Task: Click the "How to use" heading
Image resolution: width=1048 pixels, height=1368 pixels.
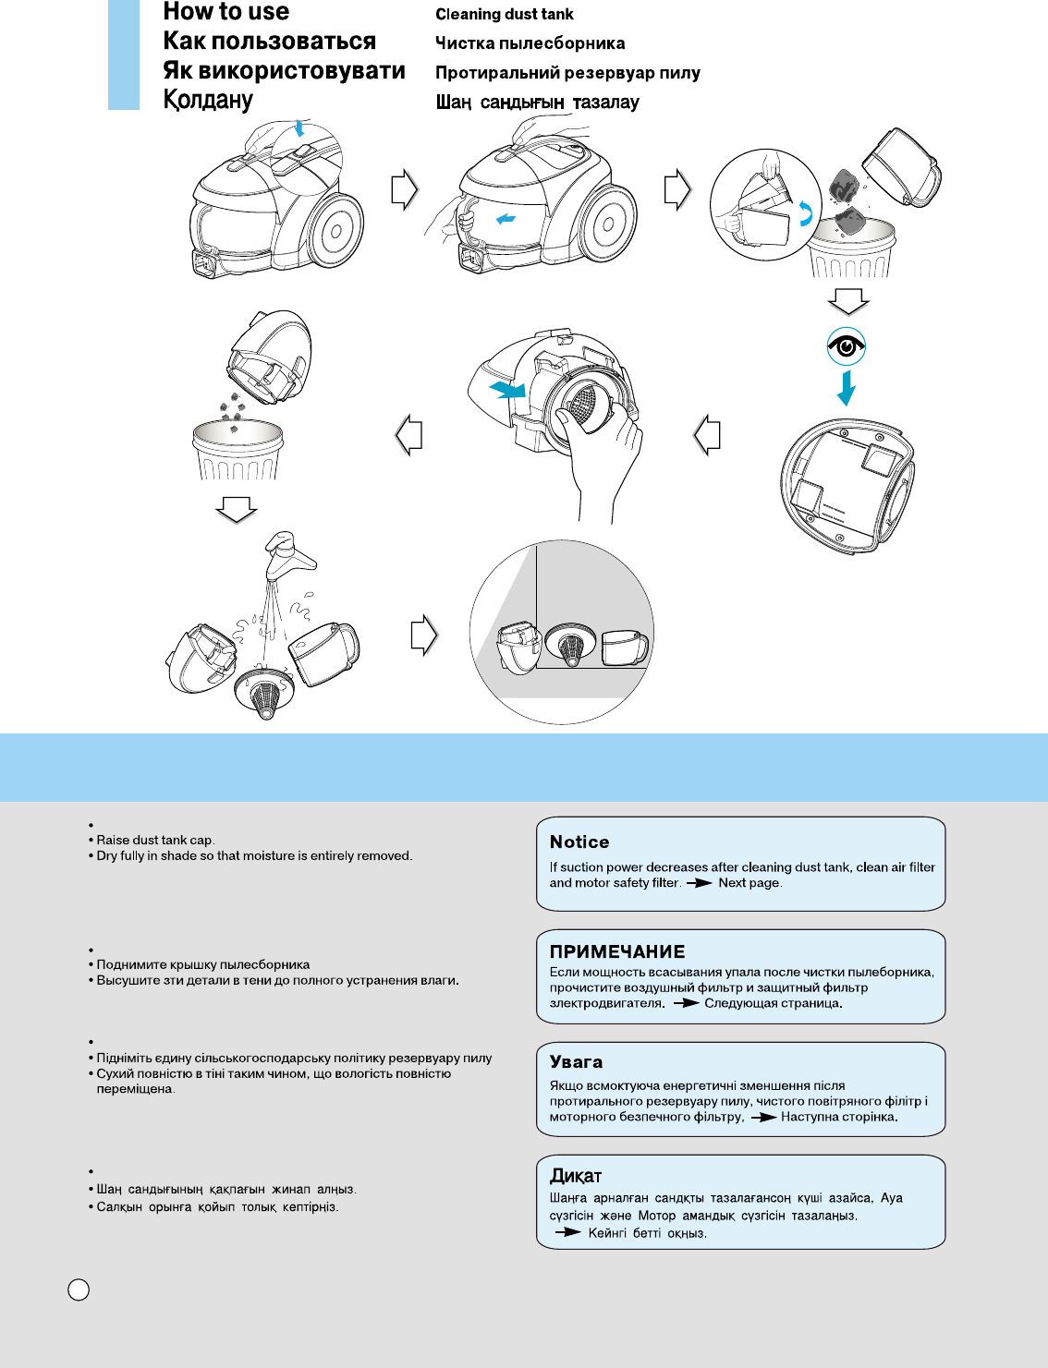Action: coord(225,12)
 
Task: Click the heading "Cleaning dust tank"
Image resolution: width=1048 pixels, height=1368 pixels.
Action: coord(504,15)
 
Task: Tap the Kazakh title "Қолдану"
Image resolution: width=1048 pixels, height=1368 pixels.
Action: coord(208,100)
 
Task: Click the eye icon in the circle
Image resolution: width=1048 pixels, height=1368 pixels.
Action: coord(846,346)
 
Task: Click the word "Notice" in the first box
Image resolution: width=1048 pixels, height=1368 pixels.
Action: coord(579,841)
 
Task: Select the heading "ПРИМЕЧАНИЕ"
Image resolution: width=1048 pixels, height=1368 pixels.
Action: coord(617,951)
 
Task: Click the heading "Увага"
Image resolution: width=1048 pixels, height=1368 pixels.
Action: coord(576,1062)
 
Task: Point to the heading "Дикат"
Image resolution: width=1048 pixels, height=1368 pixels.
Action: coord(575,1176)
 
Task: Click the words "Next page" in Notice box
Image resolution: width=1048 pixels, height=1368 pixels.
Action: coord(749,883)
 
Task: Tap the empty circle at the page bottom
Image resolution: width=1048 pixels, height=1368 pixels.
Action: coord(79,1289)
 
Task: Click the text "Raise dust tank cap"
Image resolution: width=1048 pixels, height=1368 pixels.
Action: coord(155,841)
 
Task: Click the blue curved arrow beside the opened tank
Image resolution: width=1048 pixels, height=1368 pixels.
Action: coord(805,214)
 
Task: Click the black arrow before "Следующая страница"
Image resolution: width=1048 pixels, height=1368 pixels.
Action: coord(685,1003)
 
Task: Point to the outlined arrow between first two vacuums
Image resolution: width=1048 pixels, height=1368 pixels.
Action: coord(404,189)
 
